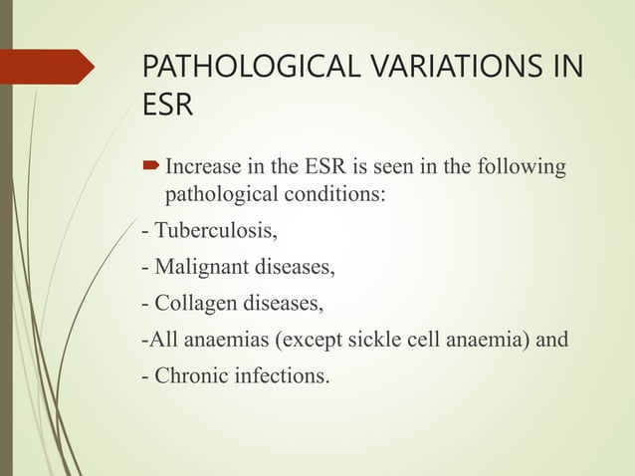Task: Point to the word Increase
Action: pyautogui.click(x=199, y=163)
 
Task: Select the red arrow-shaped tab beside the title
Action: pyautogui.click(x=50, y=67)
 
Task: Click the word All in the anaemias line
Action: pyautogui.click(x=159, y=340)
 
